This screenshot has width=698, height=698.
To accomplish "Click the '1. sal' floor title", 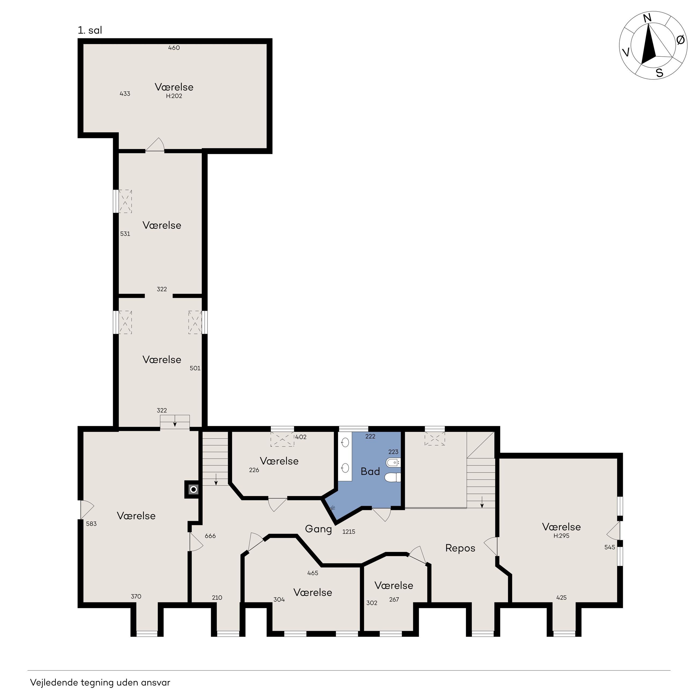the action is tap(90, 30).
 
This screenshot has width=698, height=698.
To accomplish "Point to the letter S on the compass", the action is tap(660, 73).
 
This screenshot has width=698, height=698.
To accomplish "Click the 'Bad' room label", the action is tap(370, 471).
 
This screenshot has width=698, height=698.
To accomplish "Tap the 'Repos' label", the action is tap(460, 548).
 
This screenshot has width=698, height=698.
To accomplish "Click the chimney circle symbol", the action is tap(194, 489).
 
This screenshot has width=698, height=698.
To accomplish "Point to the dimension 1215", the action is tap(349, 532).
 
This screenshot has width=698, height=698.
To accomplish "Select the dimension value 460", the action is tap(174, 48).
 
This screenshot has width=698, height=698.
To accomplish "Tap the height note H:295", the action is tap(561, 536).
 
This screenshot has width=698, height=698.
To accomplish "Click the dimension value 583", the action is tap(91, 524).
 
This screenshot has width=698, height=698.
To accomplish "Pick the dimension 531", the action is tap(125, 234).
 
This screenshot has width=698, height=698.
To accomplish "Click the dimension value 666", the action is tap(210, 536).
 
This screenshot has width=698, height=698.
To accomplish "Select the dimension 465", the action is tap(312, 573).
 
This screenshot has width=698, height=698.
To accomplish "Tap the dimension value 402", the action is tap(301, 437).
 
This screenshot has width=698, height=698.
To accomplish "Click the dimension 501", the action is tap(195, 368).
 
